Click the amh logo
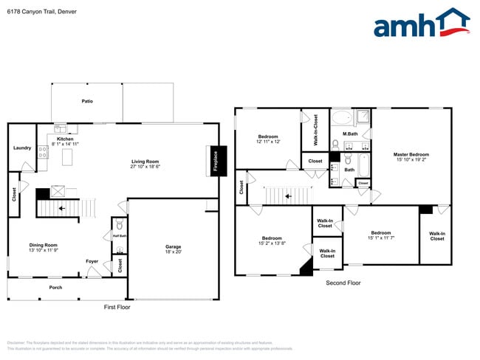tap(421, 24)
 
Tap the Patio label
tap(87, 101)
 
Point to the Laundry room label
tap(22, 148)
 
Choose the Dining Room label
tap(43, 245)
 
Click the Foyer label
tap(92, 260)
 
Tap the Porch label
tap(55, 287)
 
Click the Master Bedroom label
tap(411, 154)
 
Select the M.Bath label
tap(350, 134)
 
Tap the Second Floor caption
tap(343, 283)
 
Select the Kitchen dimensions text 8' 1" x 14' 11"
tap(66, 143)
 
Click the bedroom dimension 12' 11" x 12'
tap(268, 142)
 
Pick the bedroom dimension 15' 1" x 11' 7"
tap(381, 238)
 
